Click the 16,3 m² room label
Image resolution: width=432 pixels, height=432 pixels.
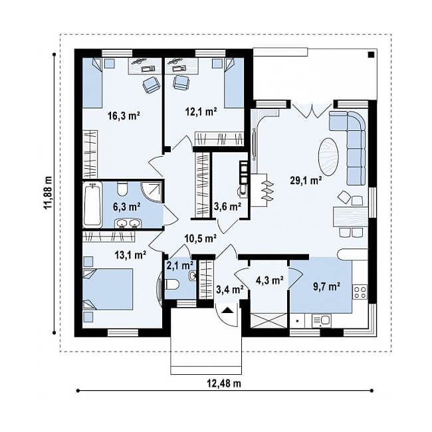pos(124,116)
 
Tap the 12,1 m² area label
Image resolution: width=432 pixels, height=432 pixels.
pos(201,112)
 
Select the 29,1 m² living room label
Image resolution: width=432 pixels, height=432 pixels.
pos(306,181)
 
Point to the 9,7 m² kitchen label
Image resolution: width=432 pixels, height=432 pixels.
pos(326,287)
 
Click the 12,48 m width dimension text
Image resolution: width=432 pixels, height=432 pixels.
pos(224,383)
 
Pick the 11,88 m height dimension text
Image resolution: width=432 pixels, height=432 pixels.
pos(48,193)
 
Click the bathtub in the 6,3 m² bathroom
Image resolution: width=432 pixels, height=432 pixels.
pos(92,205)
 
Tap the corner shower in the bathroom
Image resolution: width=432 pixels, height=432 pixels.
pos(152,192)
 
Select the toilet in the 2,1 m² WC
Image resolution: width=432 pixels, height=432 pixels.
pos(173,284)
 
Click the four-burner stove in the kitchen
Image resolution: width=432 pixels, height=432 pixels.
pos(360,292)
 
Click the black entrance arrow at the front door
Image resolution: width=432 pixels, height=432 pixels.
pos(227,310)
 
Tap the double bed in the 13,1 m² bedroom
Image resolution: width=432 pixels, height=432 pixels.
pos(108,289)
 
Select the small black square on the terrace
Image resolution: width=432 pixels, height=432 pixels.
pos(371,54)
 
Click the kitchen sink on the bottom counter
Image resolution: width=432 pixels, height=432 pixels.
pos(322,320)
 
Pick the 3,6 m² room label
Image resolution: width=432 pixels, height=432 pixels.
pos(227,206)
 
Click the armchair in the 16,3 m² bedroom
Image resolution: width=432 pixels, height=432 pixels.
pos(151,84)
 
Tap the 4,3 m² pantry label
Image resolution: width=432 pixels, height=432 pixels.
pos(270,280)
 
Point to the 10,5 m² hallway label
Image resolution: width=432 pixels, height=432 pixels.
pos(200,238)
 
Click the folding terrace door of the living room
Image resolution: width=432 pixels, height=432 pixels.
pos(312,110)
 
